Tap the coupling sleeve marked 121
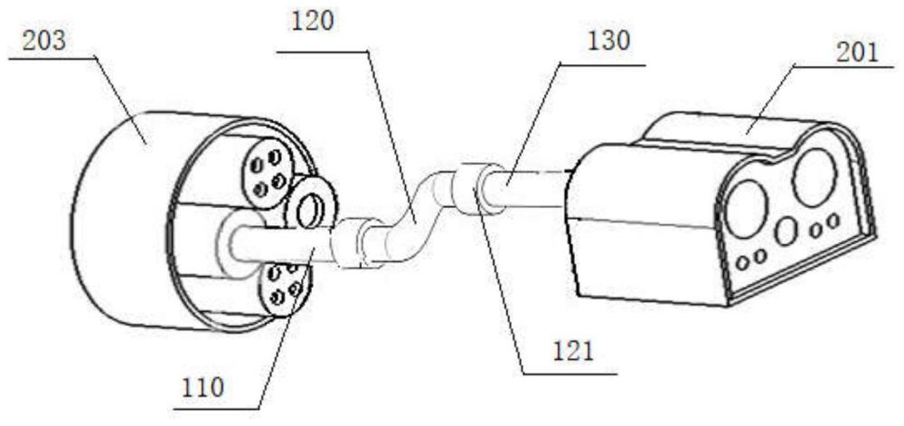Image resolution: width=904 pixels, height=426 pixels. click(x=469, y=187)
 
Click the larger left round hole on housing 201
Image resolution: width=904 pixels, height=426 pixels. click(x=746, y=205)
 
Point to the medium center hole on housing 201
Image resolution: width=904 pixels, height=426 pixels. click(x=785, y=232)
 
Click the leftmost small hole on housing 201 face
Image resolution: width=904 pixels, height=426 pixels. click(x=742, y=262)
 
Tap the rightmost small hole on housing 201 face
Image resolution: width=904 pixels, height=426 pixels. click(x=833, y=221)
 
